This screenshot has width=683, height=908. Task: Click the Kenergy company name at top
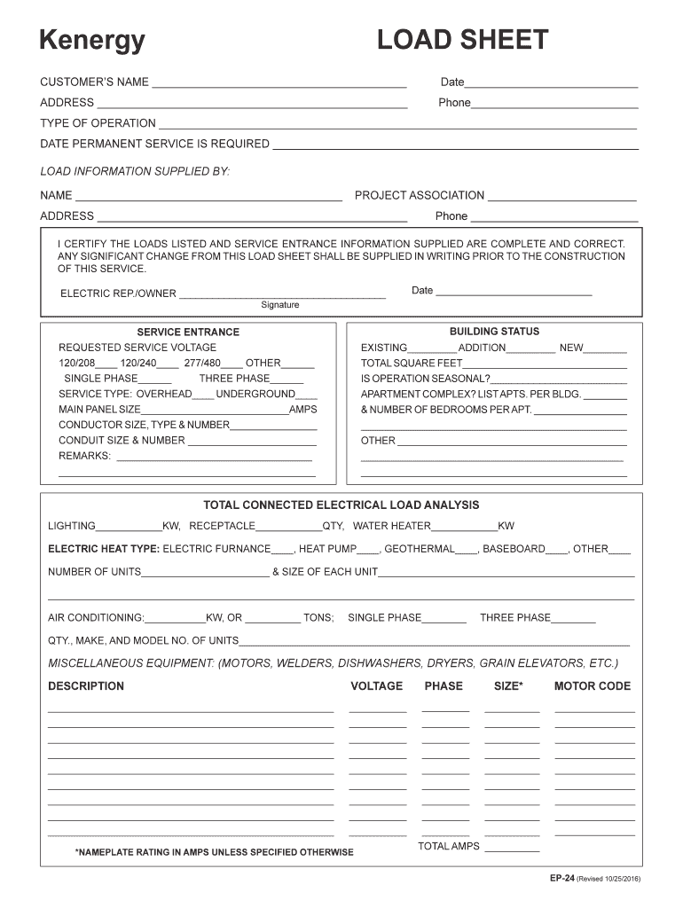[x=91, y=41]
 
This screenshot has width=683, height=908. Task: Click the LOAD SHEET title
[x=462, y=41]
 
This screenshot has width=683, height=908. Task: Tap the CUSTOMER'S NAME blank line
[x=279, y=84]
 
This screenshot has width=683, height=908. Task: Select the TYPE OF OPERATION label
[x=98, y=123]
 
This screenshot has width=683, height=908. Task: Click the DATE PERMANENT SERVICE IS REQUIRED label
[x=154, y=144]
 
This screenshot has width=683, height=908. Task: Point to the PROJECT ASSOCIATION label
[x=419, y=195]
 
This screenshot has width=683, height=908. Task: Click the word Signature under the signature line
[x=279, y=305]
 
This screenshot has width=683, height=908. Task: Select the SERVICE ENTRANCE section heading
[x=188, y=332]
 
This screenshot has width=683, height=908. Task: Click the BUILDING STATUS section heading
[x=494, y=331]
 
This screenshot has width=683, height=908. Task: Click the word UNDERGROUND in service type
[x=255, y=394]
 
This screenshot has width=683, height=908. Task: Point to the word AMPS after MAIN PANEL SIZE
[x=302, y=410]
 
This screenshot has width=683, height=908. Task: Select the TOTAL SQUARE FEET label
[x=412, y=364]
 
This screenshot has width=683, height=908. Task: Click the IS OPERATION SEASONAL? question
[x=425, y=379]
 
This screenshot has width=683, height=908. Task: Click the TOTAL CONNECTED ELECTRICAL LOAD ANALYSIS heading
[x=341, y=505]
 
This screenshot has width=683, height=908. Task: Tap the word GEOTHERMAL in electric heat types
[x=419, y=549]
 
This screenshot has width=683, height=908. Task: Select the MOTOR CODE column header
[x=592, y=685]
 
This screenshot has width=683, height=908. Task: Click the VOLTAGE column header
[x=376, y=685]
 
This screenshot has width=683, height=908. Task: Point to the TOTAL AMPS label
[x=448, y=846]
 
